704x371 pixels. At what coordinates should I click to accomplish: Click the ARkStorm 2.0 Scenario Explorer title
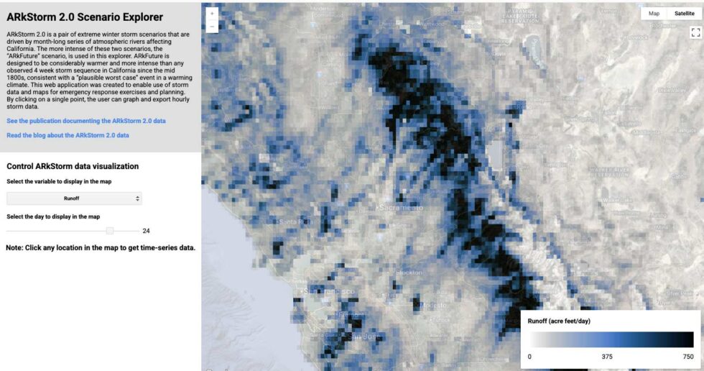coord(85,17)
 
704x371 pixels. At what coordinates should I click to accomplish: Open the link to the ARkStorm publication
coord(86,121)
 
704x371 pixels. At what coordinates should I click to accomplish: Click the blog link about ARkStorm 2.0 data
coord(68,135)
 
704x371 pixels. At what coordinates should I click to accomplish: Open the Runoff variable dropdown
coord(74,198)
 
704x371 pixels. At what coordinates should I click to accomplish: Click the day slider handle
coord(110,231)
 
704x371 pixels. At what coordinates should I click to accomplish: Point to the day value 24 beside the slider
coord(146,231)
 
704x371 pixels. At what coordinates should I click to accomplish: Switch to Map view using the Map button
coord(654,14)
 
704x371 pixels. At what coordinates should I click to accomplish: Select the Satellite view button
coord(684,14)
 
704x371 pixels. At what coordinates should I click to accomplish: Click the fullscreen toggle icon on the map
coord(695,32)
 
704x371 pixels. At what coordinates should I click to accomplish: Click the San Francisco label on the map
coord(331,291)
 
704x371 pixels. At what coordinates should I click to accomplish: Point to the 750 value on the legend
coord(687,356)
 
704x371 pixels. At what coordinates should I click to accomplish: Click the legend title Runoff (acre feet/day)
coord(559,321)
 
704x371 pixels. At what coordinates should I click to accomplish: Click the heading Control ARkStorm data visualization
coord(73,166)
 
